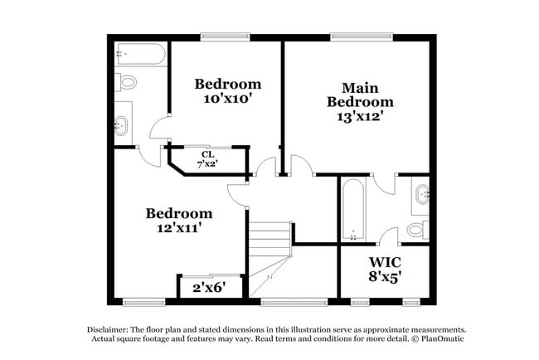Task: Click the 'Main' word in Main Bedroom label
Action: tap(360, 87)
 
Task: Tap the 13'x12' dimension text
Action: tap(359, 116)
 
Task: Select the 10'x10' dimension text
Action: tap(227, 99)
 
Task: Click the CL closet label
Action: tap(207, 153)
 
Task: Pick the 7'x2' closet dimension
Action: tap(207, 164)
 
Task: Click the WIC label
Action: tap(385, 263)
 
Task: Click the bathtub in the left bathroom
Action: tap(139, 55)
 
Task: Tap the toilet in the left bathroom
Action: tap(127, 83)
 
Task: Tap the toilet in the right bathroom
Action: tap(417, 229)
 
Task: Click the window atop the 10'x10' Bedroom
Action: tap(225, 36)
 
